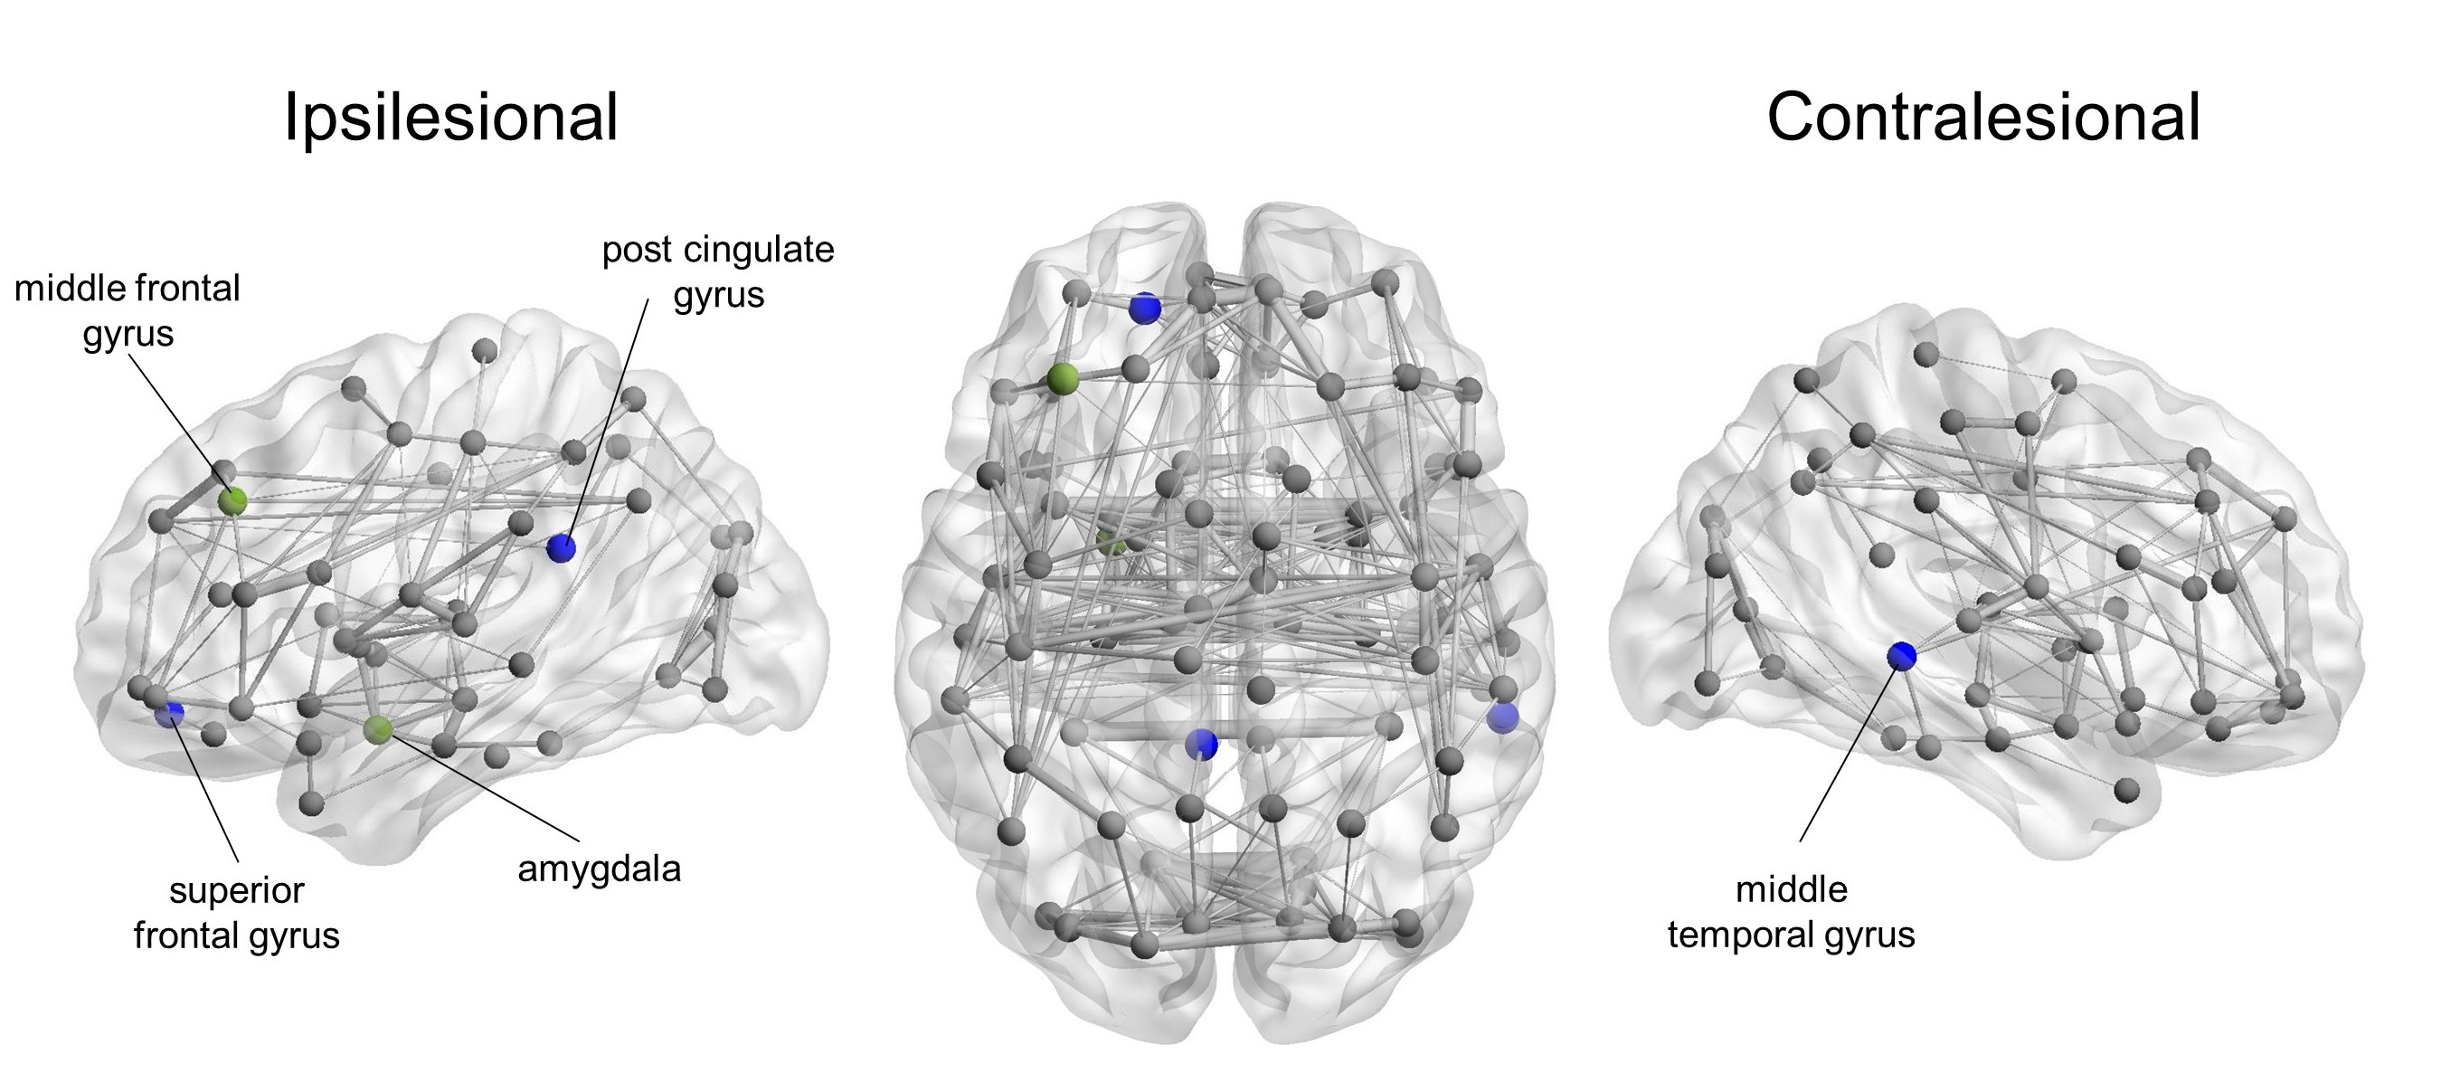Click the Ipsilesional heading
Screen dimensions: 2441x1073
tap(451, 118)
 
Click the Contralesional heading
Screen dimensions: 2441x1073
tap(1983, 118)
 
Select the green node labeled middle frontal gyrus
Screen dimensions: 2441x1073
tap(232, 500)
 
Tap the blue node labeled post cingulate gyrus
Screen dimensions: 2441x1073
tap(561, 547)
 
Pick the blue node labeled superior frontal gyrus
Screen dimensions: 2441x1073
tap(171, 713)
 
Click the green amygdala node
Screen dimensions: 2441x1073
tap(378, 729)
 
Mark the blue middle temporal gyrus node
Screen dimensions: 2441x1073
tap(1901, 655)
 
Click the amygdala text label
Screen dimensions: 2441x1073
tap(599, 869)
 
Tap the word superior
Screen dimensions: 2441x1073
tap(237, 891)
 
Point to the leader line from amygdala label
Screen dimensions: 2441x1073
tap(483, 787)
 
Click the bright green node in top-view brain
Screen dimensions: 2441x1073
tap(1064, 379)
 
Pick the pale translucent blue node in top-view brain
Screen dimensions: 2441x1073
tap(1502, 717)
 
